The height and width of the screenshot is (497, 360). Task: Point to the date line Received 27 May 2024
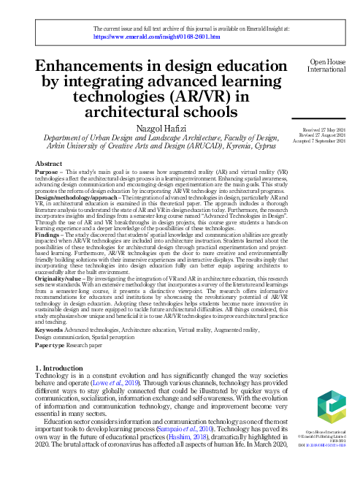click(322, 129)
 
